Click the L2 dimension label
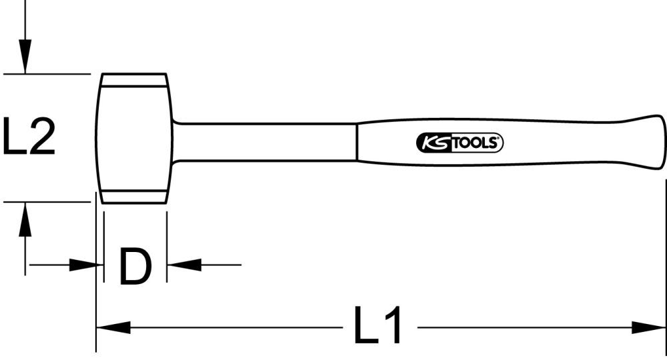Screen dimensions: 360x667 [x=28, y=137]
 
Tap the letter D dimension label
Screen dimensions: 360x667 [x=135, y=265]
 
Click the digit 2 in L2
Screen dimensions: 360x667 [x=41, y=137]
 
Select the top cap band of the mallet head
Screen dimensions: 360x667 [x=134, y=80]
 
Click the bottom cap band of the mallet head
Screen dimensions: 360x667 [x=134, y=197]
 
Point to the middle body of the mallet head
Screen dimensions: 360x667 [x=134, y=139]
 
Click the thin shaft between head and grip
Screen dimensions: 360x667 [x=267, y=141]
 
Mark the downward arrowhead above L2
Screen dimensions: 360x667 [x=25, y=56]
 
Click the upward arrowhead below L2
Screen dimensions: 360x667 [x=25, y=219]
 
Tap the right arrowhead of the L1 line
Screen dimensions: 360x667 [x=648, y=327]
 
